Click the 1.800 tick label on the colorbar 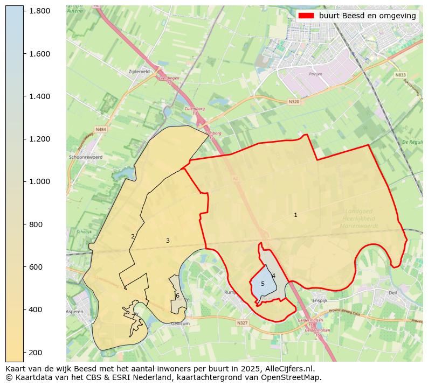[x=39, y=11]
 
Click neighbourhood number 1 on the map [x=295, y=215]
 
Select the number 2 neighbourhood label [x=133, y=236]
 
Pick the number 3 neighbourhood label [x=168, y=241]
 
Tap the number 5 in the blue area [x=263, y=284]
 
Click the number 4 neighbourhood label [x=273, y=276]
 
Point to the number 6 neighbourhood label [x=177, y=295]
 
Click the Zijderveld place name [x=139, y=71]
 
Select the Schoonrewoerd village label [x=86, y=157]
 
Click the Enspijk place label [x=320, y=300]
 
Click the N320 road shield [x=294, y=101]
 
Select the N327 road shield [x=242, y=323]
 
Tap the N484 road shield [x=101, y=130]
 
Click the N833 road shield [x=400, y=75]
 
